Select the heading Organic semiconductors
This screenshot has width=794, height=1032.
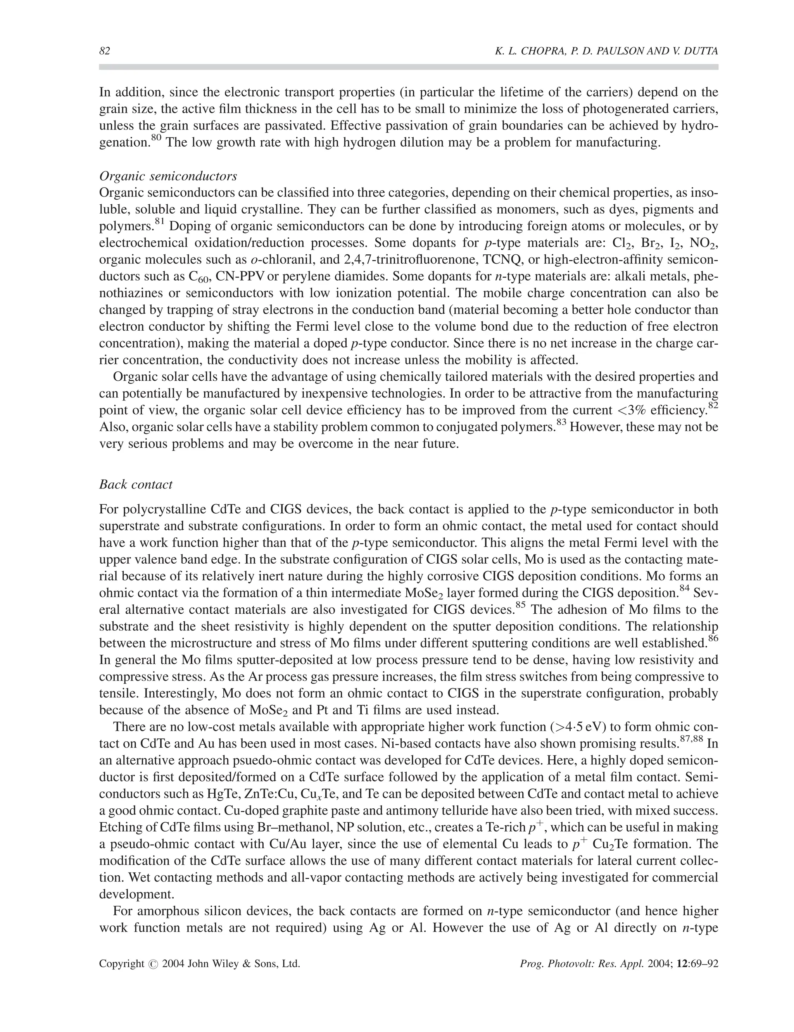pyautogui.click(x=168, y=176)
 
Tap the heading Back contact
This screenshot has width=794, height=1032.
pyautogui.click(x=136, y=484)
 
